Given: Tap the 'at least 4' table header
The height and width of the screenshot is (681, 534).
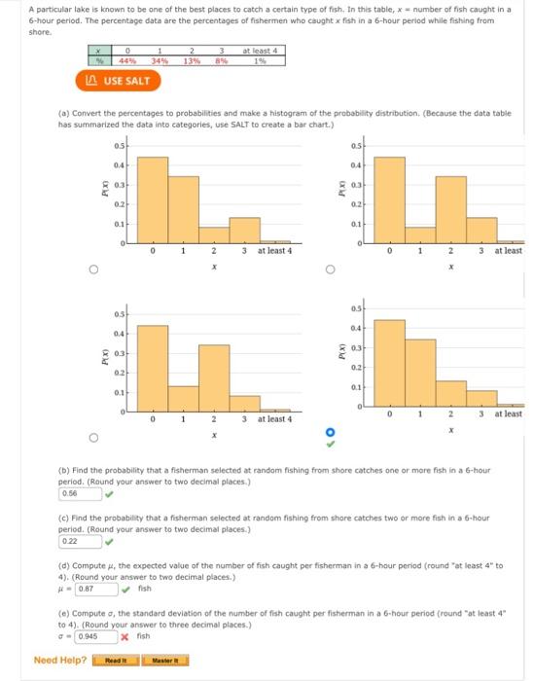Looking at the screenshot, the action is [x=260, y=52].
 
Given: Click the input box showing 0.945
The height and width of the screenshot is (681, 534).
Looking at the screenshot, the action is [x=96, y=636].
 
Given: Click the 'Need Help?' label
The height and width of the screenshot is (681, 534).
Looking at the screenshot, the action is [x=59, y=661].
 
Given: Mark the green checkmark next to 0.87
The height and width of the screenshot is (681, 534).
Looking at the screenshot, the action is [x=125, y=589].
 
